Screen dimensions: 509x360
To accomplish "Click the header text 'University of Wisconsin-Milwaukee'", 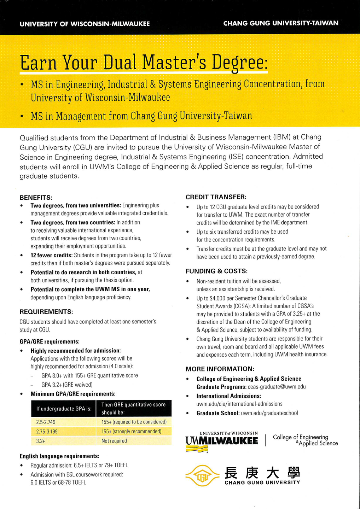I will [85, 24].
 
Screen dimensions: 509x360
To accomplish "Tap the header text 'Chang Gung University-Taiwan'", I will [281, 23].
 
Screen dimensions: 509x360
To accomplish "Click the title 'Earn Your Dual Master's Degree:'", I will [144, 63].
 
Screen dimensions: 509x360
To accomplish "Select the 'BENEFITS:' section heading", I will [36, 197].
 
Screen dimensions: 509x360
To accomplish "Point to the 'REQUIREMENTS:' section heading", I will [46, 312].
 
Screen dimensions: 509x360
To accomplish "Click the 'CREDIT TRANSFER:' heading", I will [216, 197].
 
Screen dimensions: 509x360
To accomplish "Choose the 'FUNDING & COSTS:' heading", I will [216, 271].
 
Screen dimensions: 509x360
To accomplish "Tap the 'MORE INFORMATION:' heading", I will [220, 369].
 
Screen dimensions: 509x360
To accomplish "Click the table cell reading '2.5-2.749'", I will [46, 422].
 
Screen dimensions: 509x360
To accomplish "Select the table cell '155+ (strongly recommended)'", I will [131, 431].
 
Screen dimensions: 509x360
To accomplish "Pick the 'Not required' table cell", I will [114, 441].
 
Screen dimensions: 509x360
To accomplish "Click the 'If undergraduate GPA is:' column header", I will [64, 409].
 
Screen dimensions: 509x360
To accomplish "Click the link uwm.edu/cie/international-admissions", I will [239, 404].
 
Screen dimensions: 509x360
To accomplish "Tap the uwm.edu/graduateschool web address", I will [269, 413].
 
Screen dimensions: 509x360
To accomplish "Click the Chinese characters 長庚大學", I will [262, 473].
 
